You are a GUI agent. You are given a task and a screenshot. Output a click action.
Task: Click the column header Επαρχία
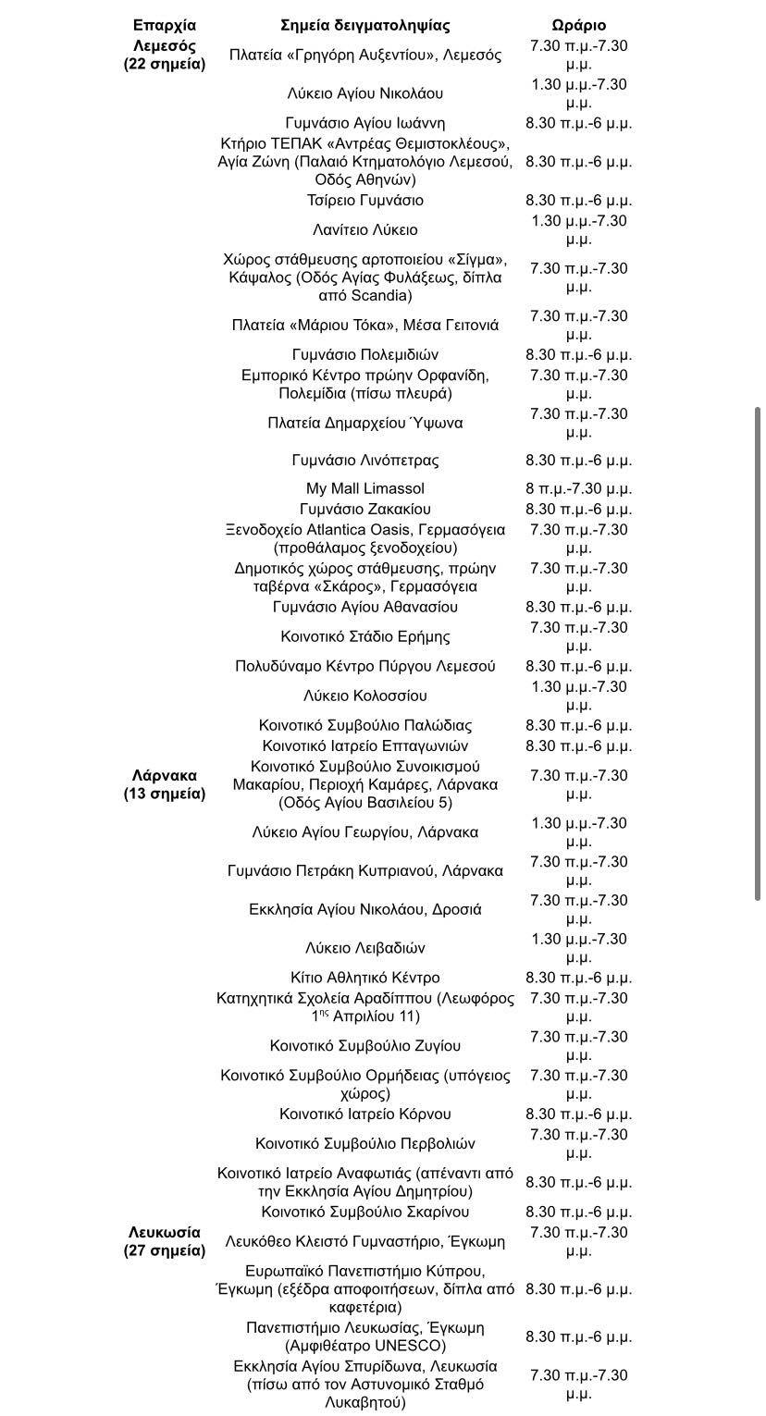[x=165, y=25]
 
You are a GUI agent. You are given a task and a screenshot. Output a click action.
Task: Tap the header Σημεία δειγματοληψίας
[x=365, y=25]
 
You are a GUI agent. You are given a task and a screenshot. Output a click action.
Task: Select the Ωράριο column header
[x=578, y=25]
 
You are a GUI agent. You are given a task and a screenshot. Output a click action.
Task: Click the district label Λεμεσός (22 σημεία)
[x=165, y=55]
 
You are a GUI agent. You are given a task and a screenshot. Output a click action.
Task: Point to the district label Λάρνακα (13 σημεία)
[x=165, y=784]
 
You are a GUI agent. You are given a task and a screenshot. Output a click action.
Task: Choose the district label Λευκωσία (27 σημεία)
[x=165, y=1241]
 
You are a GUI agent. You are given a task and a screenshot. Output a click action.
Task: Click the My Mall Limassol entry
[x=365, y=488]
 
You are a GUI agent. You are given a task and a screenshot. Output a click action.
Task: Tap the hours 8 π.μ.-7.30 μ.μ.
[x=578, y=488]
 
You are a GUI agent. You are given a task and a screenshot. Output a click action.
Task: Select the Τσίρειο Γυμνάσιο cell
[x=365, y=201]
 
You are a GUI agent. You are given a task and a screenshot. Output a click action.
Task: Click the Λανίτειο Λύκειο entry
[x=365, y=229]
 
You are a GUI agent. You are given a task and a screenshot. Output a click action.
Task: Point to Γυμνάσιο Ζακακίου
[x=365, y=509]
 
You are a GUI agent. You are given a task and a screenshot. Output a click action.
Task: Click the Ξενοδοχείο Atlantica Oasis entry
[x=365, y=530]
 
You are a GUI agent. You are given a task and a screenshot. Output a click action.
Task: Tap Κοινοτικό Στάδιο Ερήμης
[x=365, y=636]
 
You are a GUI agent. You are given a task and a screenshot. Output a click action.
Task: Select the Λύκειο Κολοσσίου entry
[x=365, y=696]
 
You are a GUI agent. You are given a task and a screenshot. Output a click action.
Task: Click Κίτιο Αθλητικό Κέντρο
[x=365, y=978]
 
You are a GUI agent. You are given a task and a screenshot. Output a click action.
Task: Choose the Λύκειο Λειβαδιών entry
[x=365, y=948]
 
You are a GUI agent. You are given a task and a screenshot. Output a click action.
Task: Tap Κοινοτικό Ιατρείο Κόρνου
[x=365, y=1114]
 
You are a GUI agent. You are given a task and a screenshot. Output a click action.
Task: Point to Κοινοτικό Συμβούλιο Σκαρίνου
[x=365, y=1212]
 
